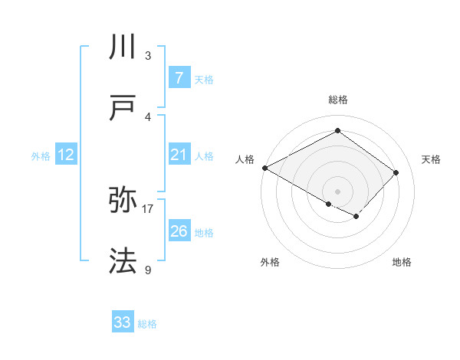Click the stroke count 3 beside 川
coord(148,56)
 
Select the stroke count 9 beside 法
coord(148,269)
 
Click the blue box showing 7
coord(179,78)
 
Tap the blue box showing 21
coord(179,155)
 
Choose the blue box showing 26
coord(179,231)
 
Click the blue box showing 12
coord(66,155)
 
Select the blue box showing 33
coord(123,322)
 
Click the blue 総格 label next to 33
coord(147,324)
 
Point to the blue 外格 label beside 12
coord(41,156)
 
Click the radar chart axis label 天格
coord(431,159)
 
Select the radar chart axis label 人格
coord(245,159)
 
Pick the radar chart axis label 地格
coord(402,262)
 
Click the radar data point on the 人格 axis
coord(264,168)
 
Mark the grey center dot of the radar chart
coord(337,191)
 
